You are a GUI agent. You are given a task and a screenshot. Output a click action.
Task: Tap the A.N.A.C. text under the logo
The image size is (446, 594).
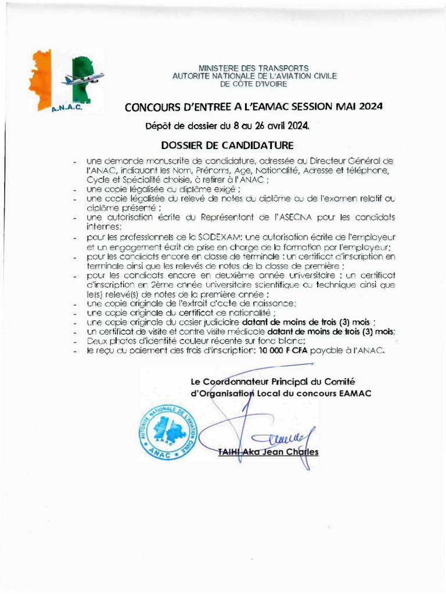click(67, 107)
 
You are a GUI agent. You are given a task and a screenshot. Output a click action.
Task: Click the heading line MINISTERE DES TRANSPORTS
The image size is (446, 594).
click(254, 68)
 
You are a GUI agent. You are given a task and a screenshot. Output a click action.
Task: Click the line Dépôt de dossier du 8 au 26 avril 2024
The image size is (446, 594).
click(227, 125)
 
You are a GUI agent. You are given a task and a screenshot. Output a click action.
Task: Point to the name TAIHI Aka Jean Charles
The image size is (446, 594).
click(268, 452)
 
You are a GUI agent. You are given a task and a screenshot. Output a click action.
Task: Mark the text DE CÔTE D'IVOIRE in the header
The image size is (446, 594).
click(254, 84)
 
